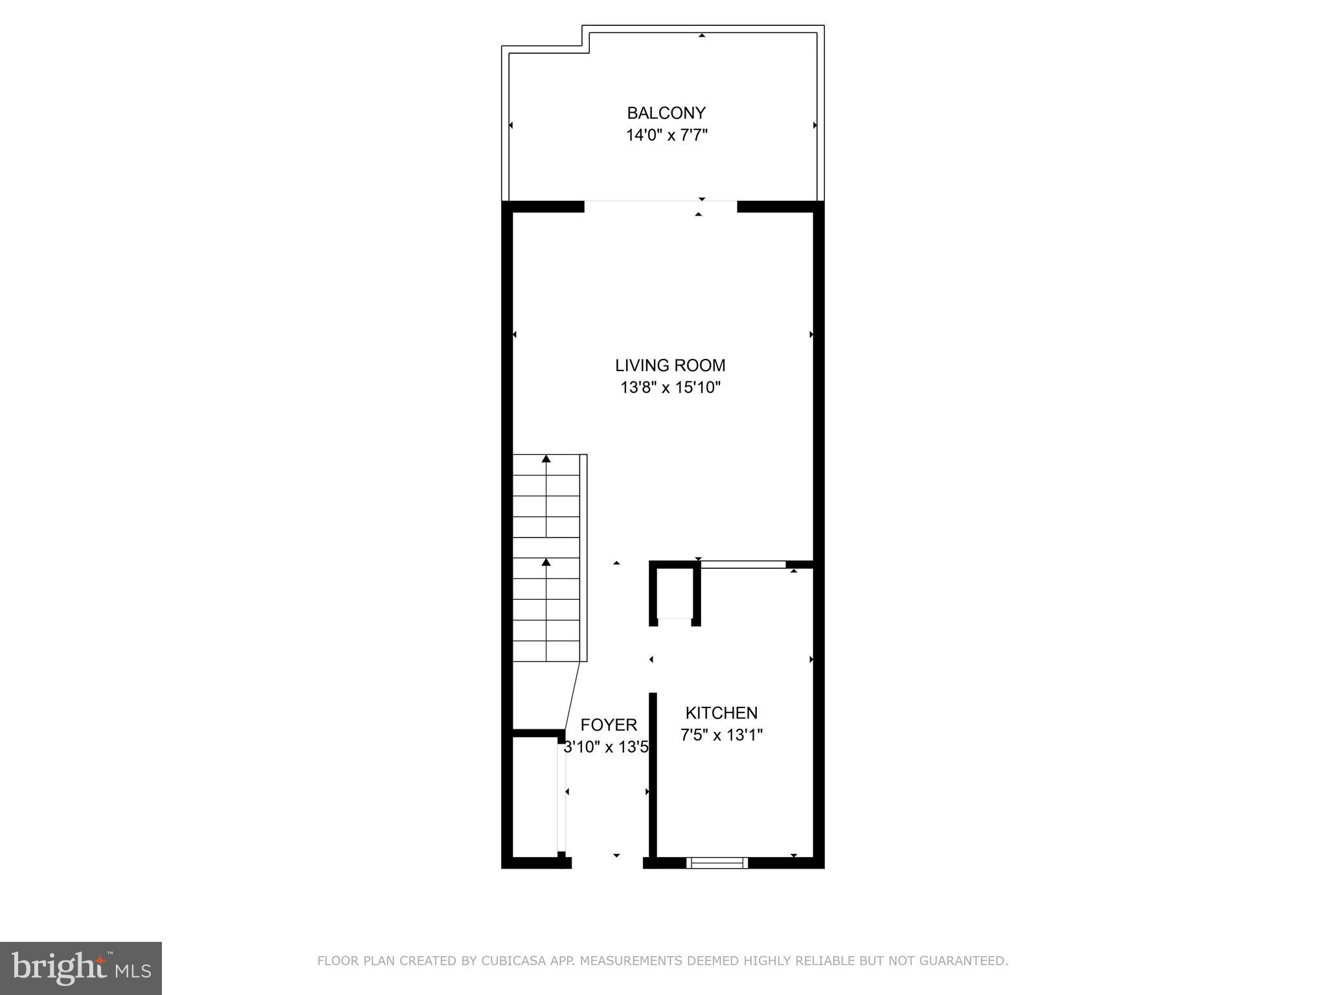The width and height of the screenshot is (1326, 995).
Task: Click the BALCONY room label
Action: (x=666, y=113)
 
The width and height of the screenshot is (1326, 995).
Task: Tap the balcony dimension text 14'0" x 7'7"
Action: (x=666, y=136)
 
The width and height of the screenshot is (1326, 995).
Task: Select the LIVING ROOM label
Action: (x=670, y=365)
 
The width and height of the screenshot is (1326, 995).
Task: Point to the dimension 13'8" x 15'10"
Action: (x=670, y=388)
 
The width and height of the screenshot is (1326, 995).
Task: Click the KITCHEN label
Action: (x=721, y=713)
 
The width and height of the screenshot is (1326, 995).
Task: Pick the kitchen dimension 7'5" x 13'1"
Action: (x=721, y=735)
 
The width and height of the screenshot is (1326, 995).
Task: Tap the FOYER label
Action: (x=609, y=725)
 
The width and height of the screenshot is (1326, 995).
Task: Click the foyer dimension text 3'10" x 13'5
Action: (x=606, y=748)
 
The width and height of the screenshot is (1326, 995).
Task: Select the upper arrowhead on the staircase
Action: (x=546, y=459)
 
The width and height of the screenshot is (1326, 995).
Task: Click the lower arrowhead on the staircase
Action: (x=546, y=562)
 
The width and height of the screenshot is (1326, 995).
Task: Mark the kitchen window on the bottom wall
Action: (x=717, y=862)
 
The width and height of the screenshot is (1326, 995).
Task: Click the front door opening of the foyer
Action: (x=607, y=862)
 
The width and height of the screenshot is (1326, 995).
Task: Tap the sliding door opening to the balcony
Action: (x=660, y=206)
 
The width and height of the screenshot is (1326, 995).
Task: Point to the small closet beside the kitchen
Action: (x=675, y=593)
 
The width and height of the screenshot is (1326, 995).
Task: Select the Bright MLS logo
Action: (x=81, y=968)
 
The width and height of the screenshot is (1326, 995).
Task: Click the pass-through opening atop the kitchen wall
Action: (x=743, y=565)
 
